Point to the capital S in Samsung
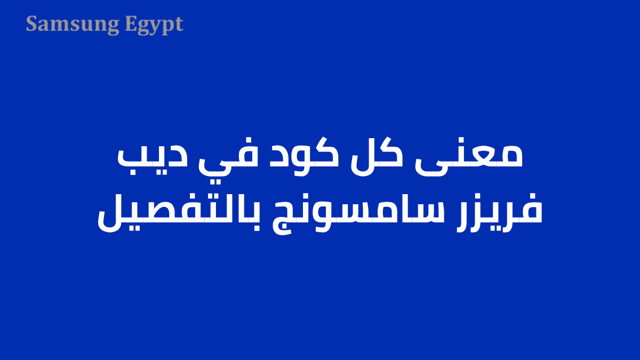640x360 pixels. pos(31,24)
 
